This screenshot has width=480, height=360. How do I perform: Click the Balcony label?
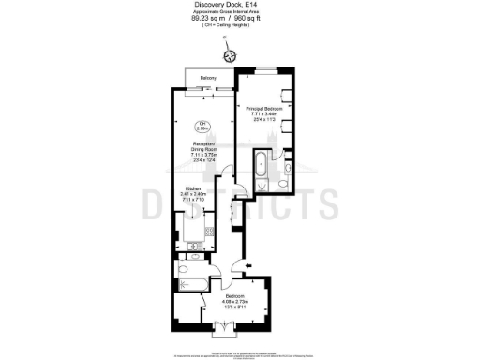pos(208,78)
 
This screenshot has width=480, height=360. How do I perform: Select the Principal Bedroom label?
pos(265,109)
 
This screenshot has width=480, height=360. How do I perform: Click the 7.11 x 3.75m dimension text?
pos(199,157)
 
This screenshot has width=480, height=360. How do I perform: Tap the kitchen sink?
pos(192,247)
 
